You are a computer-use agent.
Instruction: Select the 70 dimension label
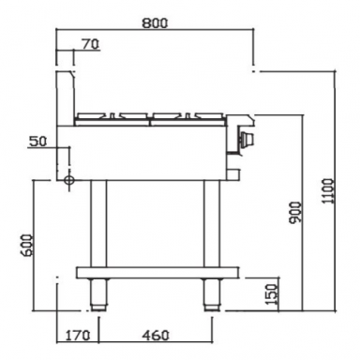coord(91,43)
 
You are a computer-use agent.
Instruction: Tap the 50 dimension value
coord(37,142)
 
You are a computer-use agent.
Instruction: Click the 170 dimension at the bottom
coord(80,335)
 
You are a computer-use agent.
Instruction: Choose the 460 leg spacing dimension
coord(155,335)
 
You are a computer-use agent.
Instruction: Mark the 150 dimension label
coord(272,293)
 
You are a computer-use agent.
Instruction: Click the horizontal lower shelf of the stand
coord(156,273)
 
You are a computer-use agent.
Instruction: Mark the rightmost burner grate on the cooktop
coord(211,117)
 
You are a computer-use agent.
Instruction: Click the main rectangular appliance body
coord(150,150)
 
